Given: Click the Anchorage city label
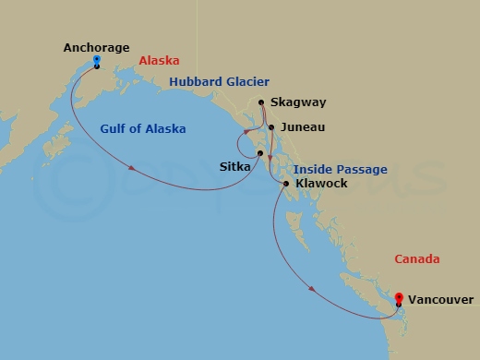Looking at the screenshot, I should click(x=97, y=47).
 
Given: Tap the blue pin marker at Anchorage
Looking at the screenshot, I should click(x=97, y=62).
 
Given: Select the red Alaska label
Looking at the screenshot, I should click(x=159, y=60).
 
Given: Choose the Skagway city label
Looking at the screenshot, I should click(x=293, y=103).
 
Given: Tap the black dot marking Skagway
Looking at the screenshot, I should click(x=262, y=103).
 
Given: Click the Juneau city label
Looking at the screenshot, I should click(x=298, y=127).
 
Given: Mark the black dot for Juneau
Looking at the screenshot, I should click(x=270, y=127).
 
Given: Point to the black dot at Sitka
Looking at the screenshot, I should click(x=260, y=153).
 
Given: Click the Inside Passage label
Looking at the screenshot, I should click(x=340, y=170).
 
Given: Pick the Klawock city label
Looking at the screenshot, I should click(x=322, y=185).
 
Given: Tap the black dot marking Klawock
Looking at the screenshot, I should click(x=287, y=185).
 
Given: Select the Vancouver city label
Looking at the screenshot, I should click(x=441, y=300).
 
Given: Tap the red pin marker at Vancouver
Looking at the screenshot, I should click(x=399, y=297).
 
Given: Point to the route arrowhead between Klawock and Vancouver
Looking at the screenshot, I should click(x=313, y=289).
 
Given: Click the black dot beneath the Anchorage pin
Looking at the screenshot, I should click(x=97, y=67).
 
